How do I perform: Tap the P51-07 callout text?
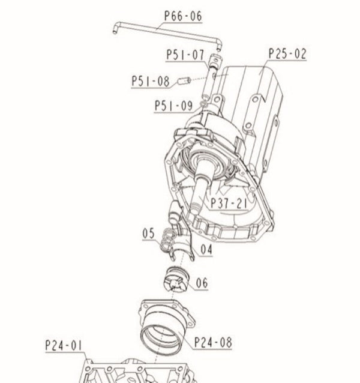pyautogui.click(x=185, y=55)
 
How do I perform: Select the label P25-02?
pyautogui.click(x=287, y=54)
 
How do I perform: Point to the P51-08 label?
pyautogui.click(x=151, y=81)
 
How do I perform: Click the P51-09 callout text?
pyautogui.click(x=173, y=106)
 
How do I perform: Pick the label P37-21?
pyautogui.click(x=229, y=203)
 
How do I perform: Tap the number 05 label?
pyautogui.click(x=149, y=232)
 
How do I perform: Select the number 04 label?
pyautogui.click(x=206, y=247)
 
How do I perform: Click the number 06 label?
pyautogui.click(x=201, y=283)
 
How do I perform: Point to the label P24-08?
pyautogui.click(x=212, y=343)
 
